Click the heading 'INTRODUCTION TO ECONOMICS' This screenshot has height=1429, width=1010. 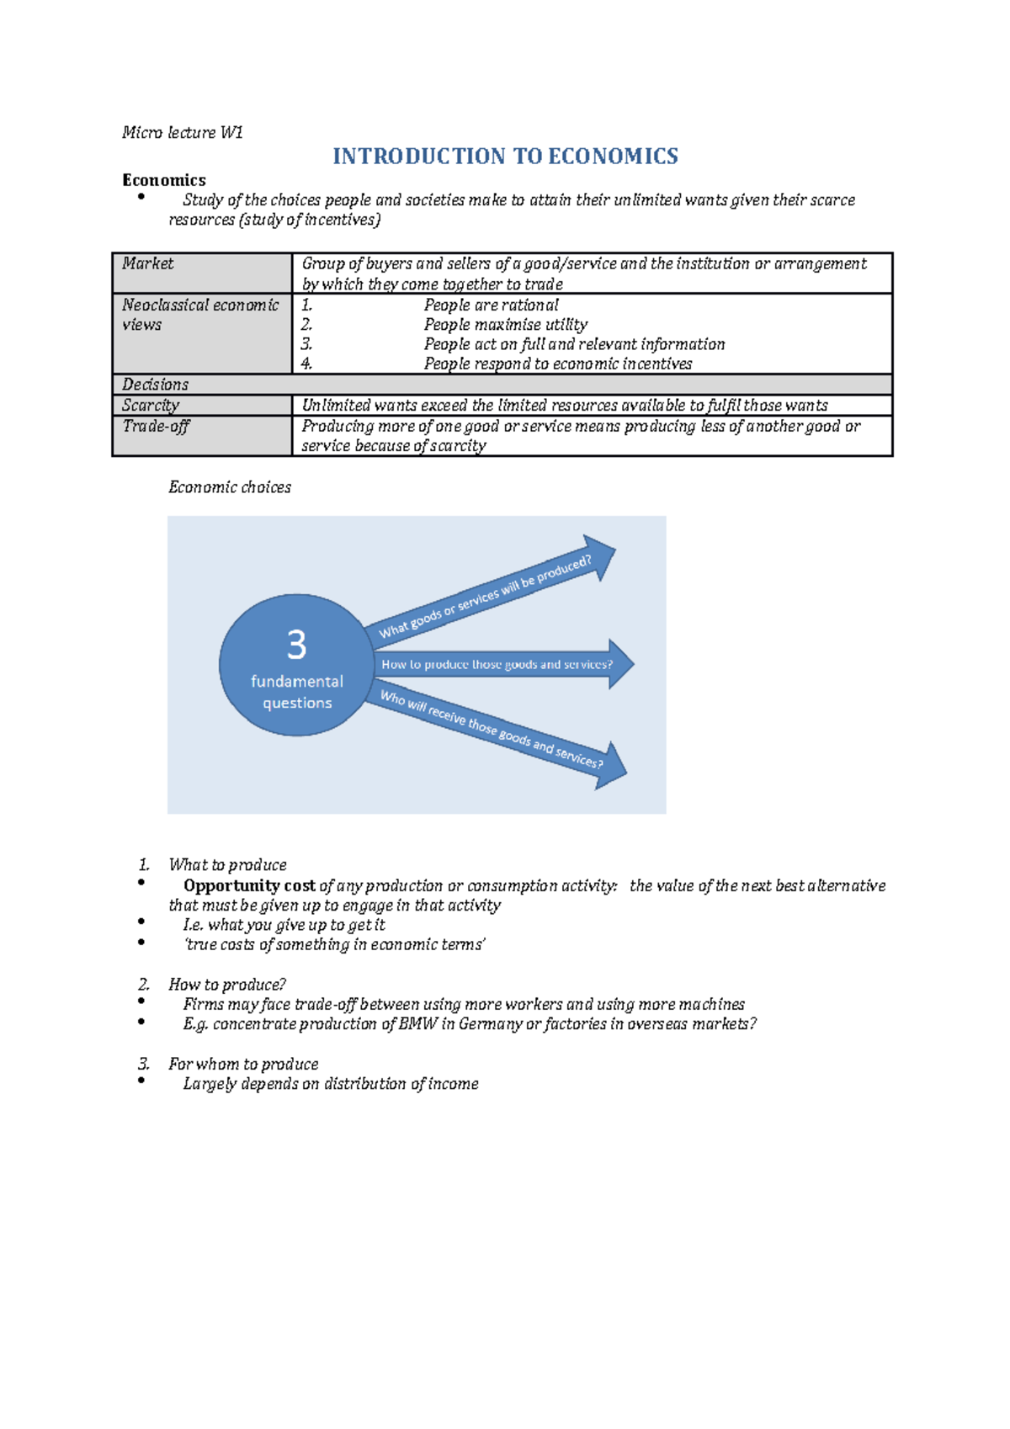click(505, 157)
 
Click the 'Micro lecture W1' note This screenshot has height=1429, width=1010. click(182, 132)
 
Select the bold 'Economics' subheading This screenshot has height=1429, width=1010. click(163, 180)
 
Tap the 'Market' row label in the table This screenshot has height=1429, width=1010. click(148, 263)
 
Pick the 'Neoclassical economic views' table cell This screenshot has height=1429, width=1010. click(200, 315)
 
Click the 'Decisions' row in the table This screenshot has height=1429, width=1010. click(156, 385)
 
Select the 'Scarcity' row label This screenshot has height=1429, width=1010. click(151, 406)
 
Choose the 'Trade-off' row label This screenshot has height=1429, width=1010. click(156, 426)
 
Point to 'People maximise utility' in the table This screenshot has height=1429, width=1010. click(505, 325)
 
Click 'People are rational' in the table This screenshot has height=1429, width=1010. click(491, 305)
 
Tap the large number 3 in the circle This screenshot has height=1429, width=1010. click(296, 645)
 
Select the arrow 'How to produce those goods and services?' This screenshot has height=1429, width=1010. click(497, 665)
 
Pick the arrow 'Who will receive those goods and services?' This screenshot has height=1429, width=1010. click(492, 729)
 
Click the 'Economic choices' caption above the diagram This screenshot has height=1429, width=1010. click(230, 487)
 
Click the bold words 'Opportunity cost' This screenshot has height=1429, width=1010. click(249, 886)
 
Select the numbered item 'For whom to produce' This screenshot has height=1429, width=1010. click(243, 1065)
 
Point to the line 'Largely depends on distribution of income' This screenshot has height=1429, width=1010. click(331, 1084)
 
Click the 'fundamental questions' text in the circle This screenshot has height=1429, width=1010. click(297, 692)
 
